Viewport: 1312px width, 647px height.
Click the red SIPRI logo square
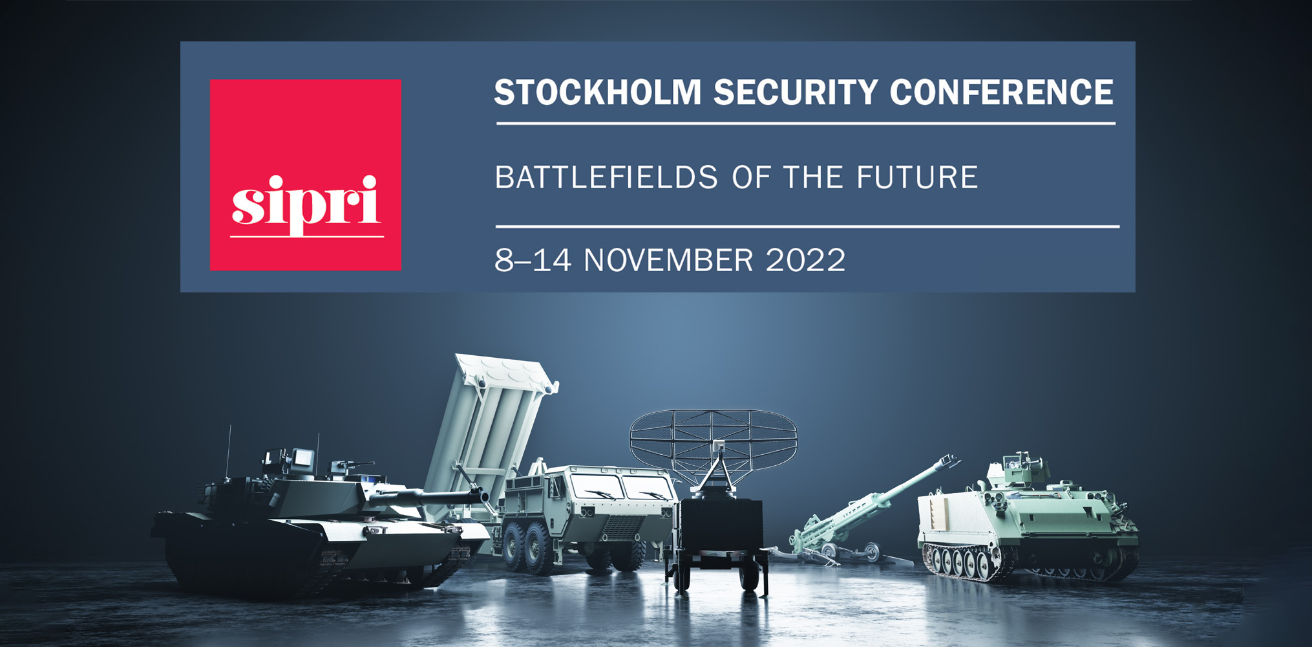coord(306,175)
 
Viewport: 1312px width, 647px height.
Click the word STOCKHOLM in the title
coord(598,92)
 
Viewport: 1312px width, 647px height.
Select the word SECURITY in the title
coord(796,92)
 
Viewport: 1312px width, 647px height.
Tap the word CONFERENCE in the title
coord(1002,92)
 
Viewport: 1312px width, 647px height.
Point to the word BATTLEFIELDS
coord(606,177)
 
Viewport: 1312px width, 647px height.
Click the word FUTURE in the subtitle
coord(917,177)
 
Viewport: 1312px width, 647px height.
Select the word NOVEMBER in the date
coord(668,260)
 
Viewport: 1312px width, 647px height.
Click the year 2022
coord(805,260)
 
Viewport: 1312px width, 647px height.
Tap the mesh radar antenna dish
coord(714,441)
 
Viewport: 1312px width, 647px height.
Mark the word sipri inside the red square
coord(305,203)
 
